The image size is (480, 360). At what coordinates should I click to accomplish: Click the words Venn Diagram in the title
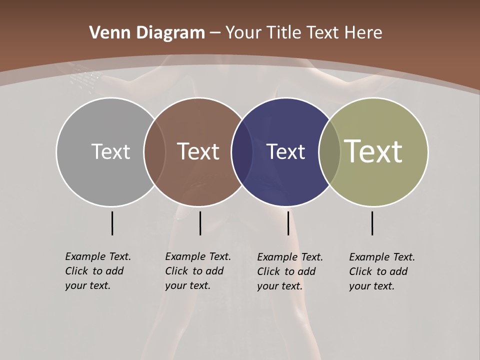pyautogui.click(x=147, y=33)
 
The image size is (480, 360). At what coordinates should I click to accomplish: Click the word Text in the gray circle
pyautogui.click(x=110, y=151)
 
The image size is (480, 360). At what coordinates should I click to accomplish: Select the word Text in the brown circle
pyautogui.click(x=198, y=151)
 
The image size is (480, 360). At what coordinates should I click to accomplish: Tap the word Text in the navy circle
pyautogui.click(x=285, y=152)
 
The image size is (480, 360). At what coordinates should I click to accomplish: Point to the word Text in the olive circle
pyautogui.click(x=373, y=151)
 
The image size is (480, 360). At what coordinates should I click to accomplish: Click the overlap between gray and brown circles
pyautogui.click(x=154, y=152)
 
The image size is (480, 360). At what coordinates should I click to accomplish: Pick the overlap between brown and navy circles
pyautogui.click(x=242, y=152)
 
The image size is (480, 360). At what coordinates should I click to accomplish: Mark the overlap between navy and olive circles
pyautogui.click(x=329, y=152)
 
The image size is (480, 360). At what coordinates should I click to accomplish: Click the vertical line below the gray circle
pyautogui.click(x=112, y=223)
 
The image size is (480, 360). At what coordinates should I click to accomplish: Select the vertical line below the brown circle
pyautogui.click(x=200, y=223)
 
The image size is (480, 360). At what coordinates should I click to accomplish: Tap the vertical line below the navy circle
pyautogui.click(x=288, y=223)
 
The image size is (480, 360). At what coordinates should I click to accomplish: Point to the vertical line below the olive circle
pyautogui.click(x=372, y=223)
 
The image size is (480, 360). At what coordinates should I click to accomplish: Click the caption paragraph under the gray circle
pyautogui.click(x=98, y=271)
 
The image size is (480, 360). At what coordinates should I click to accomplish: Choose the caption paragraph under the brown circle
pyautogui.click(x=198, y=271)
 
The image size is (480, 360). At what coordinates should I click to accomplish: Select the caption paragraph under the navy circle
pyautogui.click(x=290, y=271)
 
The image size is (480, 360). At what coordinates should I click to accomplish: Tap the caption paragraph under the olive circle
pyautogui.click(x=382, y=271)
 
